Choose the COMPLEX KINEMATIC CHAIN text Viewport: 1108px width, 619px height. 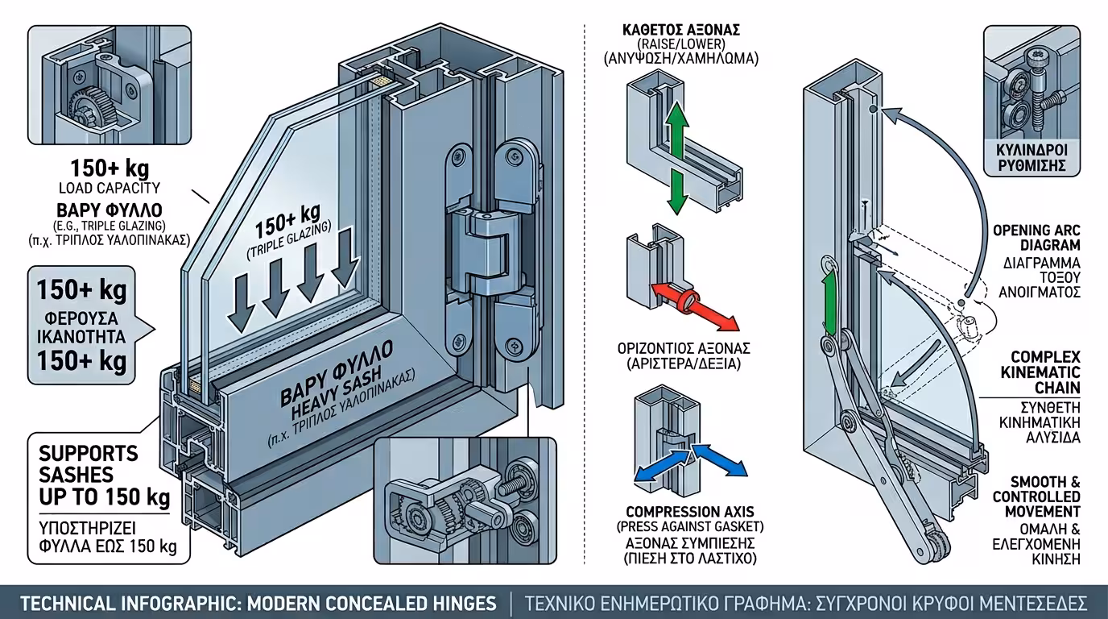1045,372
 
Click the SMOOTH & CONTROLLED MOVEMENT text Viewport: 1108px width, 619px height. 1037,496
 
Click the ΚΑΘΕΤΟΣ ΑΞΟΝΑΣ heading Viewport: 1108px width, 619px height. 681,31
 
